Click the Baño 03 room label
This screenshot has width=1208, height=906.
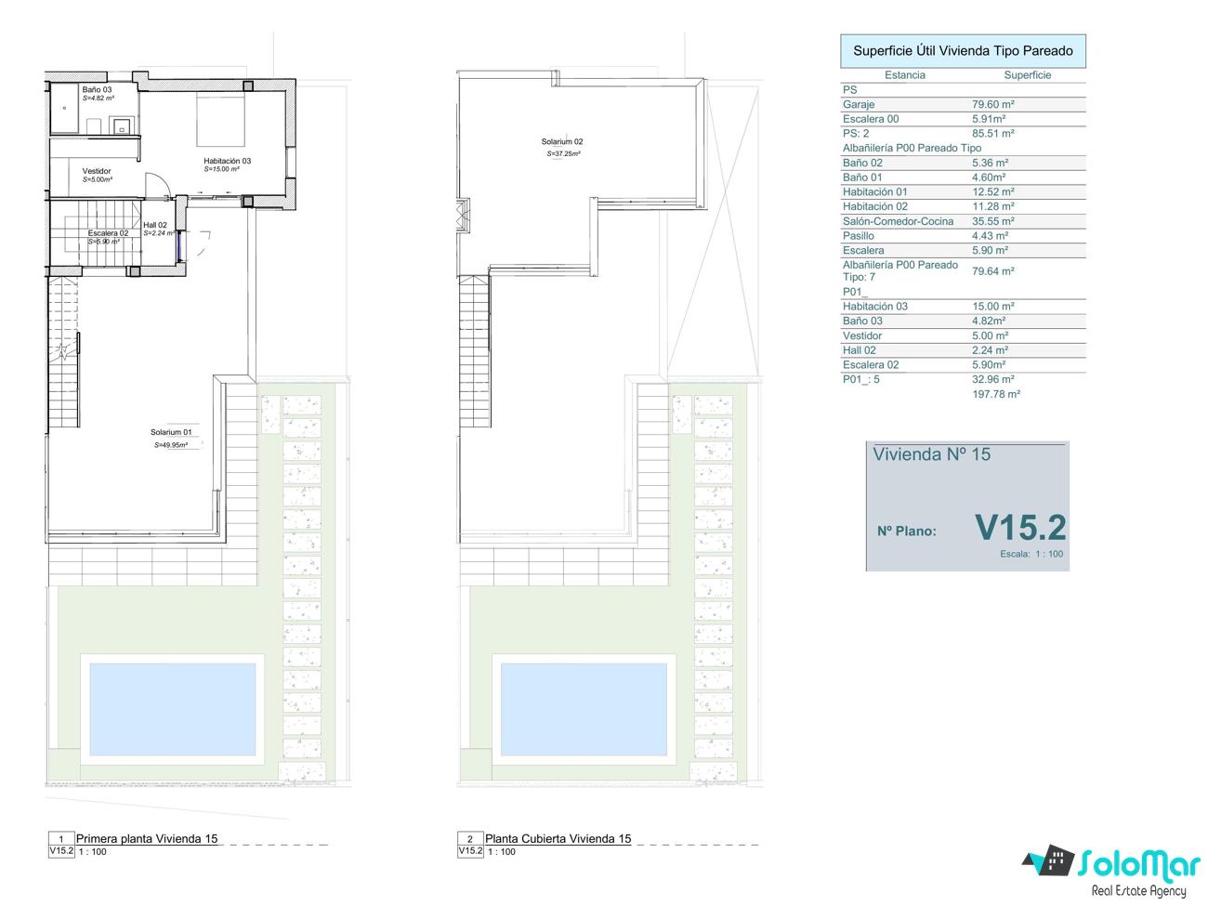(x=97, y=89)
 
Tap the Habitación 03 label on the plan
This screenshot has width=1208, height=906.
(x=228, y=161)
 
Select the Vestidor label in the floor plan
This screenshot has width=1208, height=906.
(x=97, y=171)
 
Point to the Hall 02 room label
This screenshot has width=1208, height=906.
(x=155, y=225)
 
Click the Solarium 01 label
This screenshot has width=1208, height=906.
(x=171, y=432)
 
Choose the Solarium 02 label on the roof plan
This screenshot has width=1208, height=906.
(x=562, y=141)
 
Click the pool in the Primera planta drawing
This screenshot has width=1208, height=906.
(x=172, y=709)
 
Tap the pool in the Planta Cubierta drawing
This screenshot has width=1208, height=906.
(x=584, y=709)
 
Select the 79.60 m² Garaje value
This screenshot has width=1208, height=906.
(x=992, y=104)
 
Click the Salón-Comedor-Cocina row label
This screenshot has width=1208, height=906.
(x=898, y=221)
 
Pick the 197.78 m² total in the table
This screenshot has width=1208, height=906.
(x=996, y=394)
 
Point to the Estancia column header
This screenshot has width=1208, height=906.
(x=905, y=75)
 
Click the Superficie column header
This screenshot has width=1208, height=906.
(x=1028, y=75)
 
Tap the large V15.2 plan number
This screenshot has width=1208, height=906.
(x=1020, y=528)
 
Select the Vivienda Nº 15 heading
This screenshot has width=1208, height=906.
(x=931, y=454)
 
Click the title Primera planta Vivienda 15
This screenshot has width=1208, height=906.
(x=147, y=839)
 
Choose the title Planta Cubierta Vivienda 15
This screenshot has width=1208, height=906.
(x=558, y=839)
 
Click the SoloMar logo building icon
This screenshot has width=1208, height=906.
(x=1049, y=860)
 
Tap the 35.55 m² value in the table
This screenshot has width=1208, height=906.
(x=992, y=221)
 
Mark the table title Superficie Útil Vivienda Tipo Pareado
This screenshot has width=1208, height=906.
(x=963, y=51)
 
